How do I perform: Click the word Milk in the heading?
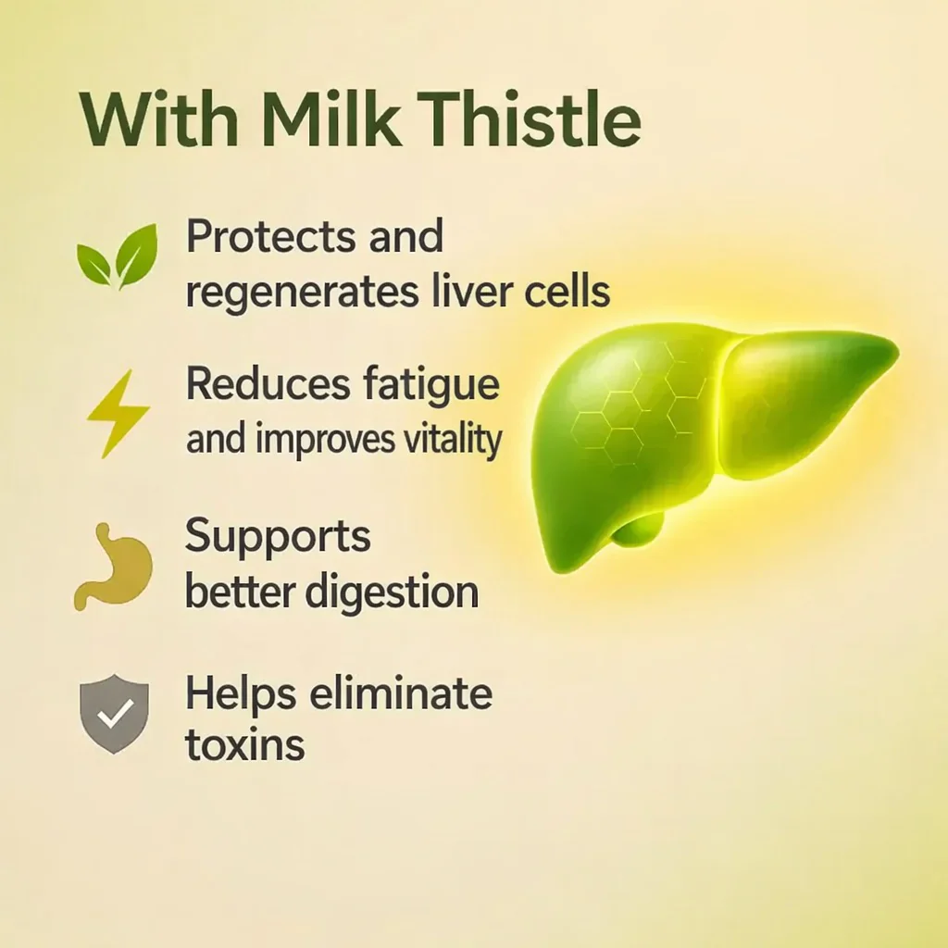331,118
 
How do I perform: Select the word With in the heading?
159,118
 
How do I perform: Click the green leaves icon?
118,256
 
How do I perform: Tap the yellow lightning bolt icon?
118,414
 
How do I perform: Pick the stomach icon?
113,567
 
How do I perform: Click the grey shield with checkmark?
114,714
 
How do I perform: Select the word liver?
471,290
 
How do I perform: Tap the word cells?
567,290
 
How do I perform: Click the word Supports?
278,537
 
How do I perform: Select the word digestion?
392,593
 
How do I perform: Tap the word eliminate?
401,692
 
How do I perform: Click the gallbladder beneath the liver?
639,530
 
